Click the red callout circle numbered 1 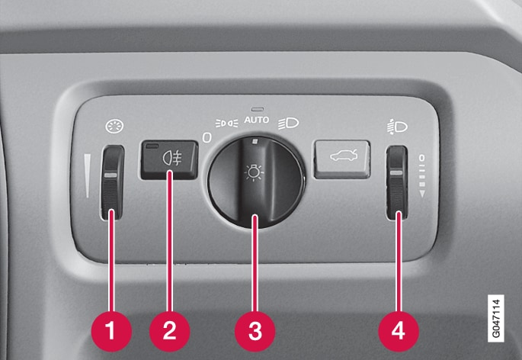click(x=111, y=331)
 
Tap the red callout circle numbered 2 click(x=169, y=331)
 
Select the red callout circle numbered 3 click(x=255, y=331)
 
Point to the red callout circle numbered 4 click(x=399, y=331)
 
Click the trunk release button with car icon click(x=342, y=159)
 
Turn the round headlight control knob click(x=256, y=182)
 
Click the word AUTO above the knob click(x=256, y=120)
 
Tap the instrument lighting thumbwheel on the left click(x=112, y=182)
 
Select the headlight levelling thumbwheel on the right click(x=397, y=182)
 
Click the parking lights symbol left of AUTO click(x=226, y=124)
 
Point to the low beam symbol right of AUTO click(x=288, y=124)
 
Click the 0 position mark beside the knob click(x=207, y=137)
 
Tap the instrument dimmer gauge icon click(x=114, y=127)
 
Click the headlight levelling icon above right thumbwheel click(x=397, y=127)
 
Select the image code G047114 click(x=496, y=318)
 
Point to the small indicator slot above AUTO click(x=258, y=109)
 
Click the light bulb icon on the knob click(x=254, y=172)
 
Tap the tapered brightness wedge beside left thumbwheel click(x=87, y=175)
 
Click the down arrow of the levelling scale click(x=422, y=194)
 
